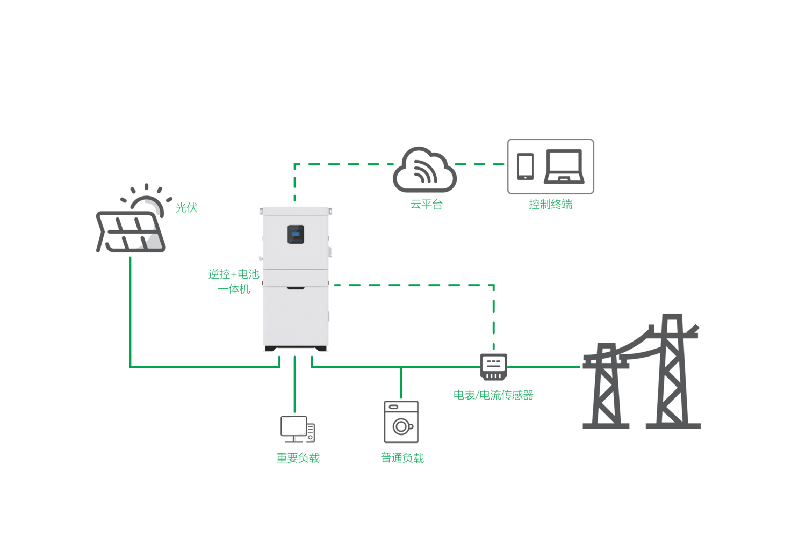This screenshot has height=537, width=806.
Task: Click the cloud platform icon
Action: [x=424, y=170]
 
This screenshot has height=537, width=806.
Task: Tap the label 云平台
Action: [x=426, y=205]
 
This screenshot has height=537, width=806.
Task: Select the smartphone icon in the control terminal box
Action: [x=525, y=166]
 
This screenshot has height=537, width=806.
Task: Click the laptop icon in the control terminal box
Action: [x=564, y=166]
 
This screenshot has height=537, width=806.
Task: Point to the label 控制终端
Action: [x=550, y=205]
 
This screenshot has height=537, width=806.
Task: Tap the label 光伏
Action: [x=186, y=208]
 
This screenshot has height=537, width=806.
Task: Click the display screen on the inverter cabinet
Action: [x=296, y=235]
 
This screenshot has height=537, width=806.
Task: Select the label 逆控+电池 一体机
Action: [x=234, y=281]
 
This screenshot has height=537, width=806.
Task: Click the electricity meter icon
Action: [x=493, y=367]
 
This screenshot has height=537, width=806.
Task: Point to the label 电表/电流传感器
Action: [x=493, y=395]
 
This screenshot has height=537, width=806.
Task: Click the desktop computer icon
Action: [x=297, y=429]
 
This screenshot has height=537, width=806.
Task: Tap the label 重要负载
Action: [x=298, y=458]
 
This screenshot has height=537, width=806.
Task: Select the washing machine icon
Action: [x=401, y=422]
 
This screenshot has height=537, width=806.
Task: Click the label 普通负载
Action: [x=402, y=458]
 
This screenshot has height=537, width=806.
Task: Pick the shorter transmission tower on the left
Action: [x=606, y=387]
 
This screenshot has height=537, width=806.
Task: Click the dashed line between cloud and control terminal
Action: [x=480, y=164]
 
